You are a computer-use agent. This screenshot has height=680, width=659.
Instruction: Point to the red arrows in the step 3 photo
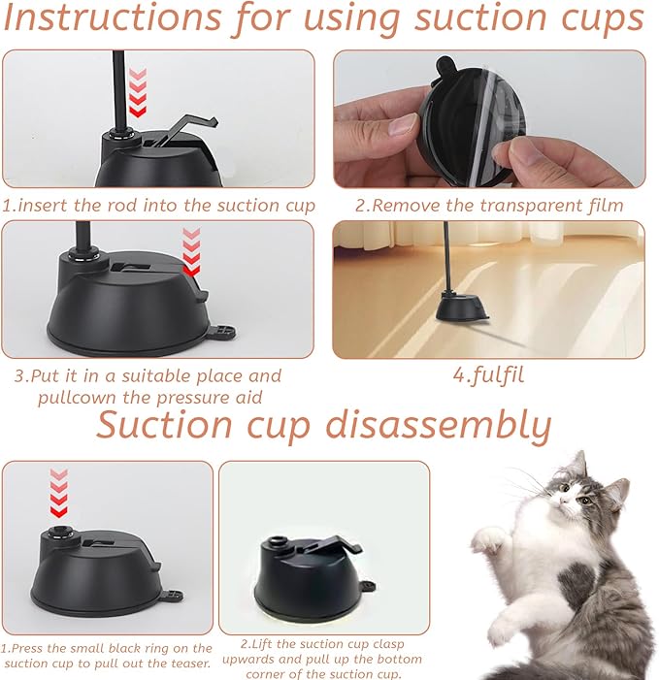191,253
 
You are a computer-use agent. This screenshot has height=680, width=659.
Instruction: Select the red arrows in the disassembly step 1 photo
60,493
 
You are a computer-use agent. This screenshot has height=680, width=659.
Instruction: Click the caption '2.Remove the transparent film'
488,205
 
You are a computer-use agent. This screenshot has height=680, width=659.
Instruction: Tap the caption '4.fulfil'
488,375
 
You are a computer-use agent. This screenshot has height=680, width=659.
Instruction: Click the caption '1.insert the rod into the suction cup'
158,205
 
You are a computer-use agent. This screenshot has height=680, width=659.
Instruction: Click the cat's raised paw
491,536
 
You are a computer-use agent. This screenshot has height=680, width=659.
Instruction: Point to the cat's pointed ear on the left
579,465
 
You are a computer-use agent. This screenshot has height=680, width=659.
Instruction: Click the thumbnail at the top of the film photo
400,125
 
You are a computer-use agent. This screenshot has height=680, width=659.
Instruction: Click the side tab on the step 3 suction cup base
222,333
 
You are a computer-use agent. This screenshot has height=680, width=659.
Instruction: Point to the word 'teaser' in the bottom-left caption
187,664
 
